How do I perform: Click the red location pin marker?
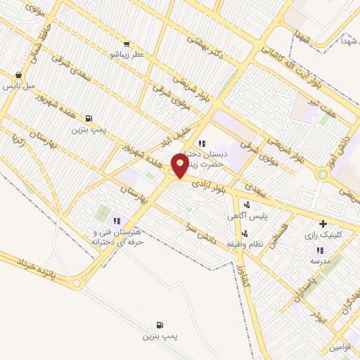coord(180,166)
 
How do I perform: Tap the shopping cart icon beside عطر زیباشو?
coord(127,44)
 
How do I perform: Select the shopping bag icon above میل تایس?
coord(18,75)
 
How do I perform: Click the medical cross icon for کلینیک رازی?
coord(323,224)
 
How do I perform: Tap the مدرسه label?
coord(320,260)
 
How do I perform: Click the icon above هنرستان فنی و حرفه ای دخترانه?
coord(117,221)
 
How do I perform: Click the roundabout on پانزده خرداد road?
coord(77,284)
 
